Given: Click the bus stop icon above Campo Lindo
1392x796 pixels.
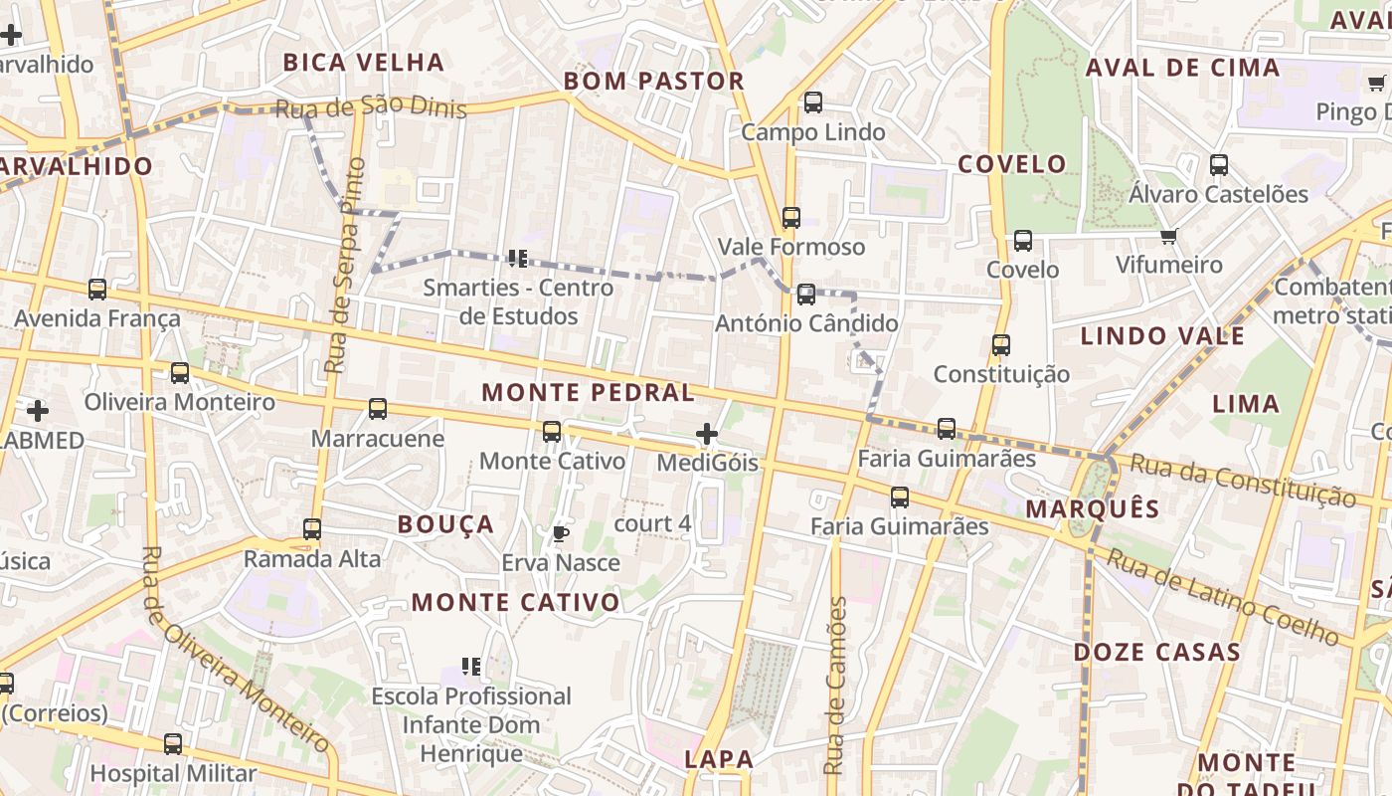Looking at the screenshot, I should tap(813, 101).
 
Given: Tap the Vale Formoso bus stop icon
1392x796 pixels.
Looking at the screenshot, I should tap(791, 217).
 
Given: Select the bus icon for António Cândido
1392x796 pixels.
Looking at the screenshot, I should tap(806, 294).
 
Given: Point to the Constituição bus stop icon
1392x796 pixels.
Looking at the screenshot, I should tap(1001, 344).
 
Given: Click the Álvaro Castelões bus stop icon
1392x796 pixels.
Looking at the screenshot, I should tap(1219, 165).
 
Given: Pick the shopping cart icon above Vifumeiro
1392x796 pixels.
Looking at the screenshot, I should tap(1169, 236).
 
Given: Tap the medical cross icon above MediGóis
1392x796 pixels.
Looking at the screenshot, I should tap(707, 434).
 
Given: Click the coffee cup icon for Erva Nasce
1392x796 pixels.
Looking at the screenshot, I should tap(560, 533).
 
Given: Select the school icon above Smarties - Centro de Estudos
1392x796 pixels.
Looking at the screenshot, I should tap(517, 259).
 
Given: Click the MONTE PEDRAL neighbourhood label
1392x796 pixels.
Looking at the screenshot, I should tap(589, 392).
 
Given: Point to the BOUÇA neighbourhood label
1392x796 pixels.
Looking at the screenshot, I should tap(445, 524).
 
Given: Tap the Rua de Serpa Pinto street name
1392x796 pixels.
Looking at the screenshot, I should tap(343, 266).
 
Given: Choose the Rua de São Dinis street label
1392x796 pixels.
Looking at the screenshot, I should tap(371, 107).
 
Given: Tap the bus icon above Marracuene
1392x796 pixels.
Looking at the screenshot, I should tap(378, 408).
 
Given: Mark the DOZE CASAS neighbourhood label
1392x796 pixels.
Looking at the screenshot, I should tap(1157, 653).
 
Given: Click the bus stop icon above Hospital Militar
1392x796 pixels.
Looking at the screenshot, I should tap(173, 743).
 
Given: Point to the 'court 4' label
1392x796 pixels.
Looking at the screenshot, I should tap(652, 523).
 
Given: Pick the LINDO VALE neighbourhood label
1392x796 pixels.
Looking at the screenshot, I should tap(1162, 336).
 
